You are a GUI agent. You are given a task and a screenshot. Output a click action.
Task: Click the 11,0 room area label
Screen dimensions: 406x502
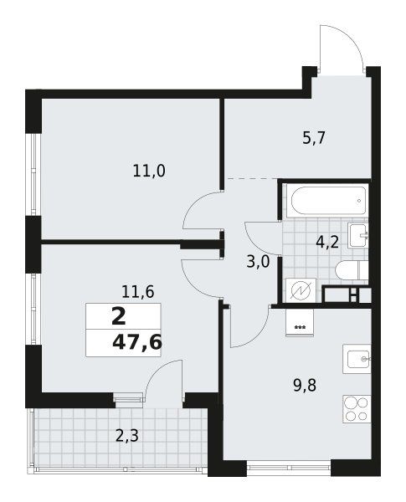(149, 172)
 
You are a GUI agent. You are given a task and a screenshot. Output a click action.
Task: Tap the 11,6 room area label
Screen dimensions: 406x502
(138, 292)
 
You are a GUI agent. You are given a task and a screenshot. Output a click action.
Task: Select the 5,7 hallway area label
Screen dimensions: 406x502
(314, 138)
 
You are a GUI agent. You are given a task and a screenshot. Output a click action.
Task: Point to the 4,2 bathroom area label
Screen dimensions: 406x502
(327, 243)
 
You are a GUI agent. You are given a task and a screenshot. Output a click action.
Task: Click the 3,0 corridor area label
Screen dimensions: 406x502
(259, 262)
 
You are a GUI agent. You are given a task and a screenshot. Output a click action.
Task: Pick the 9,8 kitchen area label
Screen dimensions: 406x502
(305, 386)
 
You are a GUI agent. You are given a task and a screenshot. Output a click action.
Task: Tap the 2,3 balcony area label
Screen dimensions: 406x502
(127, 435)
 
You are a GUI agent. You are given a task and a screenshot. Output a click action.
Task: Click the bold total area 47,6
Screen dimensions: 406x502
(136, 343)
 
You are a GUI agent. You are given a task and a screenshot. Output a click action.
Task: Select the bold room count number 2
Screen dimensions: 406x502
(119, 317)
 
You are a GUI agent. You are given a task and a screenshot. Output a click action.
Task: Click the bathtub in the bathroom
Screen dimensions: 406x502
(328, 201)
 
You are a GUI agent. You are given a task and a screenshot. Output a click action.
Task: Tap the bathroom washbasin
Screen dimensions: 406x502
(358, 235)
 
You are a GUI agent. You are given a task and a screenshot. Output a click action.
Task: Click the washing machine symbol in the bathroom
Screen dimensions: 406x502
(301, 290)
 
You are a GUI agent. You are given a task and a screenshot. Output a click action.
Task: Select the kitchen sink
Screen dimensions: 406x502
(357, 359)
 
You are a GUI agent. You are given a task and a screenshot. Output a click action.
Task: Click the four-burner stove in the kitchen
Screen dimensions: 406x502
(357, 409)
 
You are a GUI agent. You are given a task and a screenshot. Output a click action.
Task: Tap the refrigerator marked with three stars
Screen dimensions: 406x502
(300, 323)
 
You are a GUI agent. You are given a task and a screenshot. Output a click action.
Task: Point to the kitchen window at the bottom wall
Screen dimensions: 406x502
(289, 467)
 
